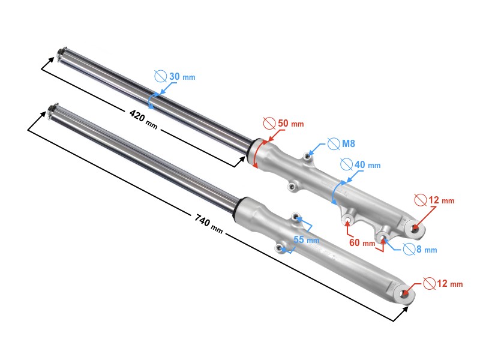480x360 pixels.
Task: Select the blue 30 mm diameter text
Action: [182, 77]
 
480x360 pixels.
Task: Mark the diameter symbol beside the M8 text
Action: [334, 144]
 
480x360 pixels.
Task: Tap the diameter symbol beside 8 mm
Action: [409, 249]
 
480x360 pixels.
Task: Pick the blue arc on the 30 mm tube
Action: [151, 100]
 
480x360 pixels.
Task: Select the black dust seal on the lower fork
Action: [236, 206]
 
